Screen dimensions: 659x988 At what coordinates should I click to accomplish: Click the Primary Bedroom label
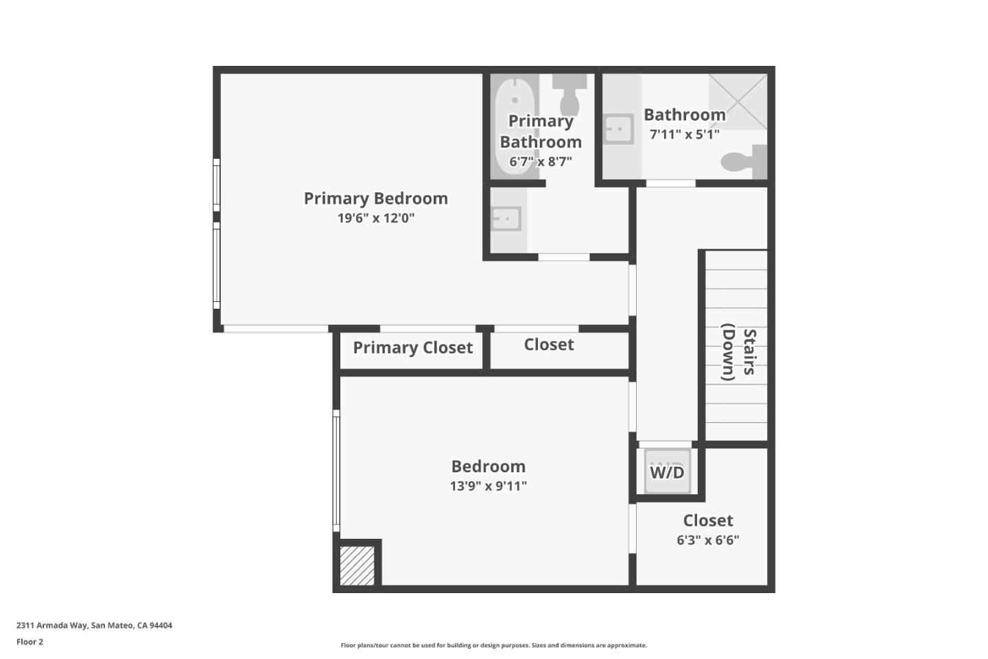pyautogui.click(x=375, y=198)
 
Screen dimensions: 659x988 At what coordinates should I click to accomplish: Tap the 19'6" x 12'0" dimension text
pyautogui.click(x=375, y=218)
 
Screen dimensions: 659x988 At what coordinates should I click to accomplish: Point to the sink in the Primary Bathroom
pyautogui.click(x=506, y=219)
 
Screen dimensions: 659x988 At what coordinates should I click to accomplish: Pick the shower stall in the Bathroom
pyautogui.click(x=738, y=102)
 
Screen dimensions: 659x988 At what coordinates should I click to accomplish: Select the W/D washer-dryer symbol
pyautogui.click(x=667, y=472)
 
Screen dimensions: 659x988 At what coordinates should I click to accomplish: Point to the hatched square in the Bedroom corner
pyautogui.click(x=357, y=566)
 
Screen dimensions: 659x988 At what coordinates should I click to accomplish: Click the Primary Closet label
pyautogui.click(x=412, y=348)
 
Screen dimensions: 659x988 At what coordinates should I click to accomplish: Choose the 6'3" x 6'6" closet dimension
pyautogui.click(x=707, y=540)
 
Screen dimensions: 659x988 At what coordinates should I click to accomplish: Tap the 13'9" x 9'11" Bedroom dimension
pyautogui.click(x=488, y=486)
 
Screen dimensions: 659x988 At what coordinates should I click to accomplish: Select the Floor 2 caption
pyautogui.click(x=30, y=642)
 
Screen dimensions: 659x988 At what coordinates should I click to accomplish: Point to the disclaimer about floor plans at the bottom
pyautogui.click(x=493, y=645)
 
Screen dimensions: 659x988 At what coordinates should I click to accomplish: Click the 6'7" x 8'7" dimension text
pyautogui.click(x=540, y=162)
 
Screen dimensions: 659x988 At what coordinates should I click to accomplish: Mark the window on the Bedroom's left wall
pyautogui.click(x=336, y=470)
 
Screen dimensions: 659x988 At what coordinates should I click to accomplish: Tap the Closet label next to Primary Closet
pyautogui.click(x=548, y=345)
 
